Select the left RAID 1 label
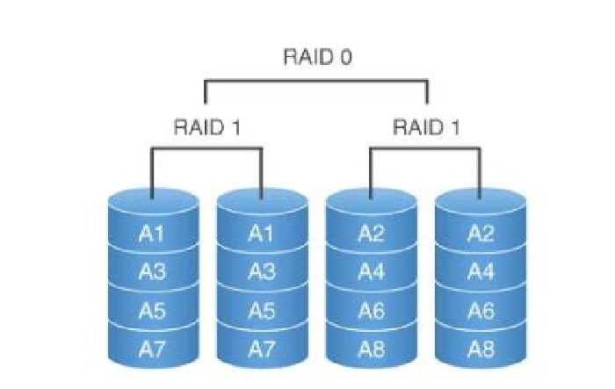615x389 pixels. tap(206, 126)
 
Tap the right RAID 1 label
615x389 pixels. tap(425, 126)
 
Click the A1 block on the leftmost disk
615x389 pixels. tap(152, 234)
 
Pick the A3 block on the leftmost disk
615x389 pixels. tap(152, 271)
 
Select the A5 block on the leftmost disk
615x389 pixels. tap(152, 310)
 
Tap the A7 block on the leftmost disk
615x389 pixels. tap(152, 349)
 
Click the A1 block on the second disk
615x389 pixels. tap(261, 234)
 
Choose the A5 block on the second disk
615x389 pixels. tap(261, 310)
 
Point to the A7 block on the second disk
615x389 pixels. tap(261, 349)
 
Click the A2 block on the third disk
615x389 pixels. tap(371, 234)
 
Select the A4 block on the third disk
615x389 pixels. tap(371, 271)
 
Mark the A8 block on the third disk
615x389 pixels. tap(371, 349)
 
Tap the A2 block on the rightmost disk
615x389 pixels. tap(480, 234)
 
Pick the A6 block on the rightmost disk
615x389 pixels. tap(480, 310)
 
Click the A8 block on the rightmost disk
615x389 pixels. tap(480, 349)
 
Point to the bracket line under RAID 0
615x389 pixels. tap(316, 82)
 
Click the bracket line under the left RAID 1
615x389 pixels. tap(206, 148)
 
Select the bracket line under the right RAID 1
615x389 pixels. tap(425, 148)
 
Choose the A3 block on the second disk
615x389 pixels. tap(261, 271)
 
